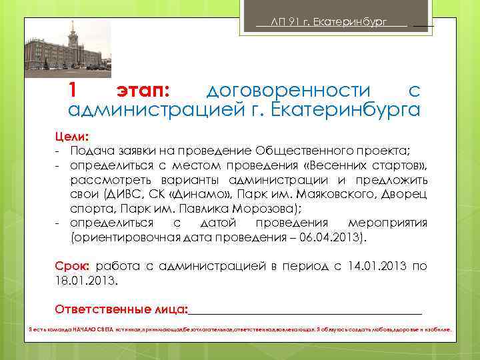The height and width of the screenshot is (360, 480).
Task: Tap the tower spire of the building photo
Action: (x=71, y=26)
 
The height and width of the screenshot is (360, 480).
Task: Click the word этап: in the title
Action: (x=143, y=90)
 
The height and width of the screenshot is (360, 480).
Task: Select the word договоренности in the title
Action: (x=288, y=90)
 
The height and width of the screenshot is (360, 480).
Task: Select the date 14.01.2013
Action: (x=377, y=266)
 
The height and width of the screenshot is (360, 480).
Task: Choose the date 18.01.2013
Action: (x=86, y=280)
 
